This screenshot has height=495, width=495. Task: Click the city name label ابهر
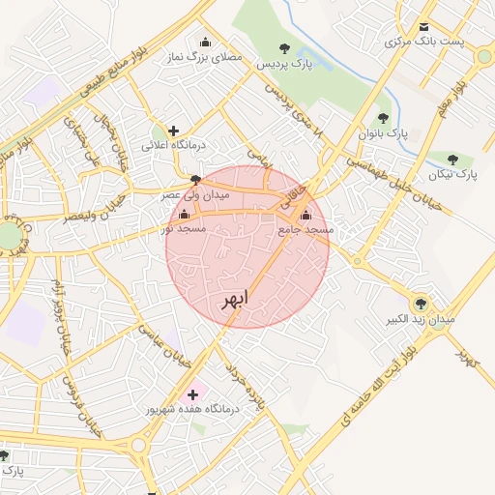point(234,298)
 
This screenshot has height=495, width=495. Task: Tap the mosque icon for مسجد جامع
point(306,215)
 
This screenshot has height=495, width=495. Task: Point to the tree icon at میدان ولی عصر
point(196,180)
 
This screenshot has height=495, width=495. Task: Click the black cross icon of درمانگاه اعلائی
point(173,131)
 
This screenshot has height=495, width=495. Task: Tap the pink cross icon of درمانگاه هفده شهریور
point(191,394)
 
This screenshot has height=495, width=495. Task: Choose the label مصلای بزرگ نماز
point(205,58)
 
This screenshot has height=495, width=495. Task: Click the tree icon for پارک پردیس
point(283,48)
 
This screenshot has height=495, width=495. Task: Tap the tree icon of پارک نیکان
point(452,160)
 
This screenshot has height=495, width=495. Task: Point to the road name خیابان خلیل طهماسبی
point(397,185)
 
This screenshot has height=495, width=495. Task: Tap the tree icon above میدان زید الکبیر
point(420,303)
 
